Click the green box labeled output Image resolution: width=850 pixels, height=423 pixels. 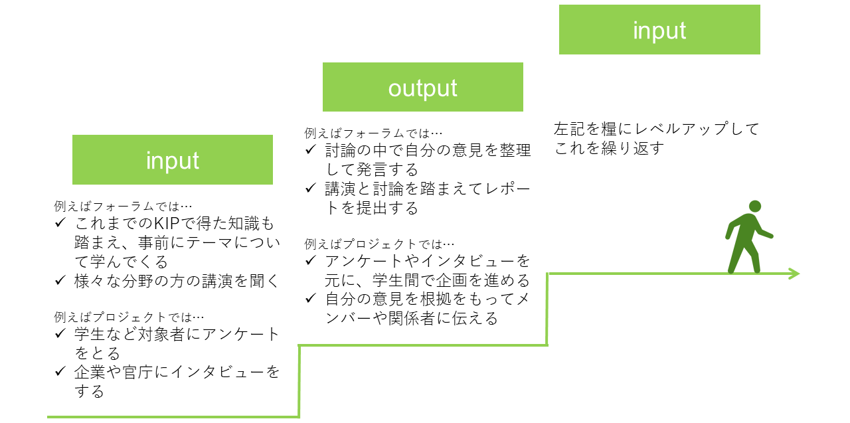423,87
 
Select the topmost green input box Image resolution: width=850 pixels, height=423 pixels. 659,30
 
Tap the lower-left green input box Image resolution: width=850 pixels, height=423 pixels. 173,160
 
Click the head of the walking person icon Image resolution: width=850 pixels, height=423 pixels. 755,207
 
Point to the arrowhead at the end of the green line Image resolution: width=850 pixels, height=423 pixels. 794,274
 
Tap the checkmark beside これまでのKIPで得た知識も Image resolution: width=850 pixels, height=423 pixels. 60,222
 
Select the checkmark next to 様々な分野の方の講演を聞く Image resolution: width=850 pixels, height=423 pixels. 60,280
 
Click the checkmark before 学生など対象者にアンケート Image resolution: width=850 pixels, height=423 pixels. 60,333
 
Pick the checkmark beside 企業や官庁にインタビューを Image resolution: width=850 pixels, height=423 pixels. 60,371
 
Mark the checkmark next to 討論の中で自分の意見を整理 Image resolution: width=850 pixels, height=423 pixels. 310,149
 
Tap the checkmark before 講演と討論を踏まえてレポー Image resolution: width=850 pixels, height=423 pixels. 310,188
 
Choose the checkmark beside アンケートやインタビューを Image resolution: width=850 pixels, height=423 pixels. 310,260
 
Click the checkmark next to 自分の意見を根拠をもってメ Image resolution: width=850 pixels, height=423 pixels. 310,299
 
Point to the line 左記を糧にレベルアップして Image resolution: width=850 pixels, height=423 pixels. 656,129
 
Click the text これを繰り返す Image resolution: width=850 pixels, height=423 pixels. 609,148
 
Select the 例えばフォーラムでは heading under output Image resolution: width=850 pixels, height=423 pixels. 373,133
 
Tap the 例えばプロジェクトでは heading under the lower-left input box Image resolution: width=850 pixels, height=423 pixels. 129,317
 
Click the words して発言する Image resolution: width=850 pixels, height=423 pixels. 372,169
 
